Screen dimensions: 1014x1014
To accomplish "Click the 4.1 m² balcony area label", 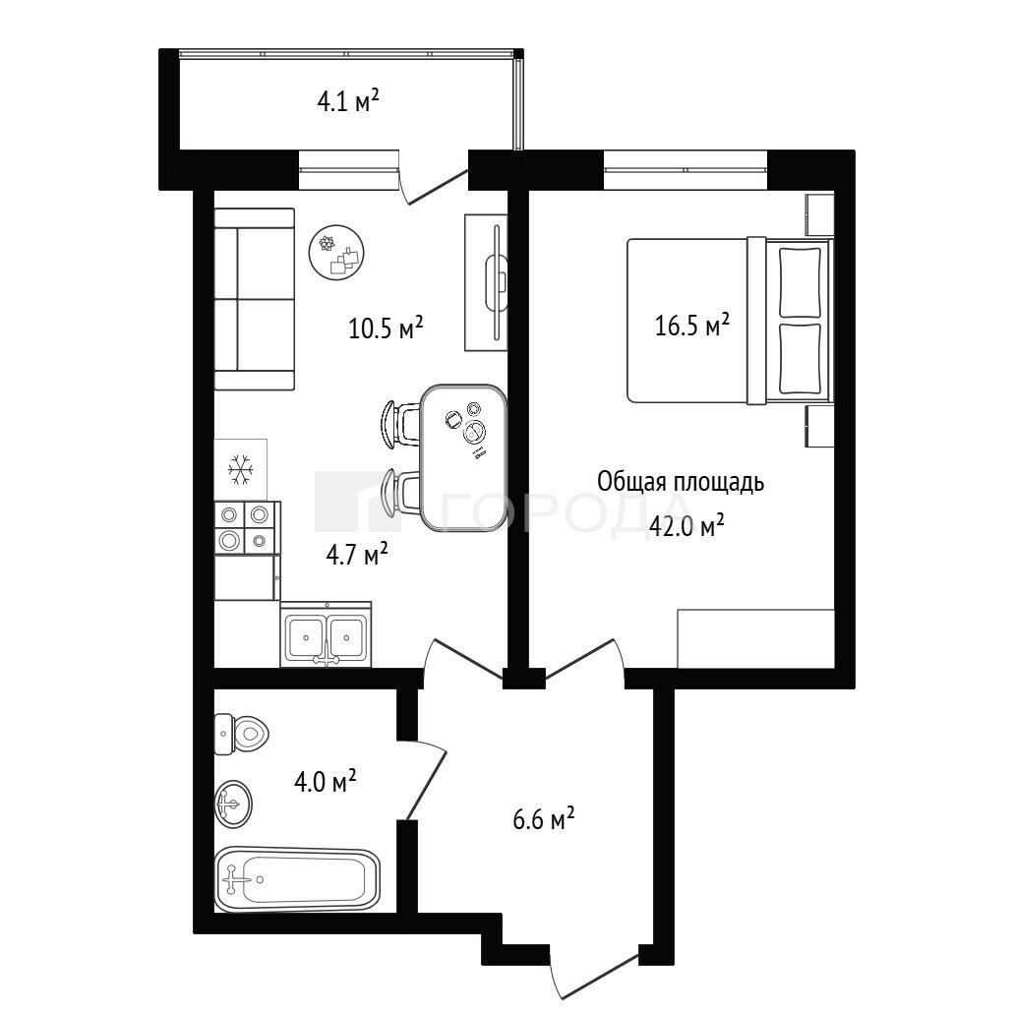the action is (347, 101).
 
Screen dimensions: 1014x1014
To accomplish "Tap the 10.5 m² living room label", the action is (386, 328).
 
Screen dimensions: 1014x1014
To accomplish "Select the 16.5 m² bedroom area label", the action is (692, 325).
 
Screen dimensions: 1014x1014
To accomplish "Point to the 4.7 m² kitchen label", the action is (356, 554).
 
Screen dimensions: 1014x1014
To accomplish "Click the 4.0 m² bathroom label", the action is (325, 781).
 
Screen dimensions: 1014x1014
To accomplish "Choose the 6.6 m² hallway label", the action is (543, 819).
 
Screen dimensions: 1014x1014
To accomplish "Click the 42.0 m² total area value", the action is (686, 526).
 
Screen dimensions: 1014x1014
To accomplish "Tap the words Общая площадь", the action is (681, 483).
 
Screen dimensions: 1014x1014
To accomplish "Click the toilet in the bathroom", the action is (241, 734).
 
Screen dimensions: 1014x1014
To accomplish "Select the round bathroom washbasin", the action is (233, 804).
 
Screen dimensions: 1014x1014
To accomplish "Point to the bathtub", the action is (297, 879).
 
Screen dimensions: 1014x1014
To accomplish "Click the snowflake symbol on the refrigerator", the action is (241, 470).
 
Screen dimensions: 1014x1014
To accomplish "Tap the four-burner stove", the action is (247, 528).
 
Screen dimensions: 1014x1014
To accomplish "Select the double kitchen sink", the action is (326, 635).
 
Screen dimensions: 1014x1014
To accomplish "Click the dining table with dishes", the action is (463, 457).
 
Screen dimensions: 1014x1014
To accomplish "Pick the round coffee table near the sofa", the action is (336, 252).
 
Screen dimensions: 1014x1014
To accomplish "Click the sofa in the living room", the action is (254, 299).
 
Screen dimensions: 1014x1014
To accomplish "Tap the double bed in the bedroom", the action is (729, 321).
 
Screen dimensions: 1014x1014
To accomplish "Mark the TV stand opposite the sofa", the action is (486, 282).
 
